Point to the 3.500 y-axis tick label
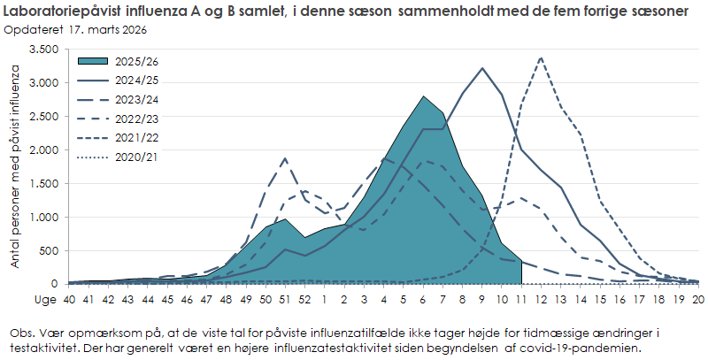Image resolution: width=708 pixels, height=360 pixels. [x=42, y=50]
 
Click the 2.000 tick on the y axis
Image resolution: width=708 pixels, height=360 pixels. [x=42, y=150]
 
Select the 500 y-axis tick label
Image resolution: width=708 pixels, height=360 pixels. [x=48, y=251]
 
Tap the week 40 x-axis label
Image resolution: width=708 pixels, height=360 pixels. [x=69, y=300]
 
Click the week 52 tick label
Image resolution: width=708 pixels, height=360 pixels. [x=304, y=300]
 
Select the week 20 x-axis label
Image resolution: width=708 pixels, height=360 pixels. [x=697, y=300]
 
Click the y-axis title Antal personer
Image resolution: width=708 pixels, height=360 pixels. [x=15, y=168]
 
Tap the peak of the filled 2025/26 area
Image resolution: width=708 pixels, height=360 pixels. [x=423, y=96]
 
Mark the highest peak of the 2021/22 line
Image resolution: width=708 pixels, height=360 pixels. [x=541, y=57]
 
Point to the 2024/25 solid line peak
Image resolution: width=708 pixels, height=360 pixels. [x=482, y=68]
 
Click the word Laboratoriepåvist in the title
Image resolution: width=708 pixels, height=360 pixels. [x=70, y=11]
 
